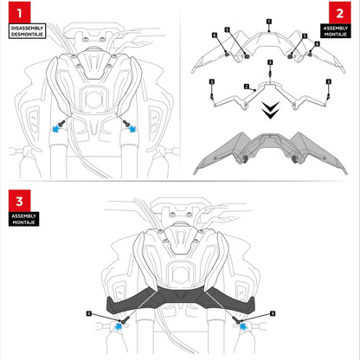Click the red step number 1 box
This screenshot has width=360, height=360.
(19, 12)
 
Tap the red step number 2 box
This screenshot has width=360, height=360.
(340, 13)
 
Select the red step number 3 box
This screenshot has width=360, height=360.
(19, 201)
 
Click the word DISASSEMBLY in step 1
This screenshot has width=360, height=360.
(27, 29)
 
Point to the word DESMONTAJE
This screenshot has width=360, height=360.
(27, 35)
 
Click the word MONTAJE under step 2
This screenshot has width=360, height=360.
(336, 35)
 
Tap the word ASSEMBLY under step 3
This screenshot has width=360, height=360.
(24, 216)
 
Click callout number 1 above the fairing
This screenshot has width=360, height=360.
(269, 22)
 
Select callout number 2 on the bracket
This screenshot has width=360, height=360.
(247, 87)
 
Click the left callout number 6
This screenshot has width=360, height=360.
(215, 35)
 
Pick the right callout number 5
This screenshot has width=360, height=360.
(305, 36)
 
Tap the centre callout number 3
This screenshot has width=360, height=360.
(270, 62)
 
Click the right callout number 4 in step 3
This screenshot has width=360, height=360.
(273, 313)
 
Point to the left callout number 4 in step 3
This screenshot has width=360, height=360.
(89, 313)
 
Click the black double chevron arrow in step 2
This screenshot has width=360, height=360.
(270, 110)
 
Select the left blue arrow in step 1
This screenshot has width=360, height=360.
(56, 129)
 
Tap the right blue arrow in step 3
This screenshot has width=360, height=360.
(243, 326)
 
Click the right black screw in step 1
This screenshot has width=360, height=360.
(126, 124)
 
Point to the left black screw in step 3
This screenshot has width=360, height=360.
(125, 319)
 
